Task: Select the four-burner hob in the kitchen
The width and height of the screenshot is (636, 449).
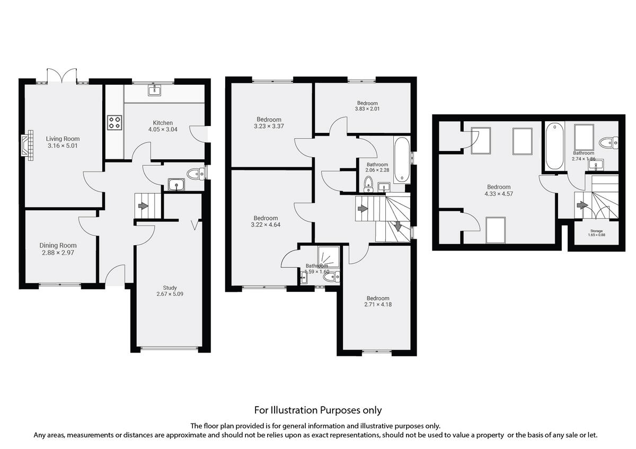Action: (x=114, y=123)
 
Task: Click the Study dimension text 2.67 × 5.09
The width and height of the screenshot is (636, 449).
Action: (x=170, y=294)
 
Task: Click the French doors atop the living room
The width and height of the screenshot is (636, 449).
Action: (x=63, y=76)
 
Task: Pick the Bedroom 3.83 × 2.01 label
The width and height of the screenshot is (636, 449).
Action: (x=367, y=106)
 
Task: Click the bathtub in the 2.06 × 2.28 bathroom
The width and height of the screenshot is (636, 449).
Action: (x=402, y=159)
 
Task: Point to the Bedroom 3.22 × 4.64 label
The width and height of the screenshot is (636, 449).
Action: (x=266, y=221)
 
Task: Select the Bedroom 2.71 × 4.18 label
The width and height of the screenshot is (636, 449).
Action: (x=377, y=301)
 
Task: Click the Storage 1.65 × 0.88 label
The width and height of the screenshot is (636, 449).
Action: (x=596, y=233)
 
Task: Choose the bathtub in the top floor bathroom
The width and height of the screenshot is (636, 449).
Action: (x=553, y=146)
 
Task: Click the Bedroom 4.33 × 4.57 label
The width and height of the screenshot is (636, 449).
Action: (x=499, y=190)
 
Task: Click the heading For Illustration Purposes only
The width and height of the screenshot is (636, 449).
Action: (x=317, y=410)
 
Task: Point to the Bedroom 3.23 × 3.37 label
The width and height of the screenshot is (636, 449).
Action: (x=269, y=123)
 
